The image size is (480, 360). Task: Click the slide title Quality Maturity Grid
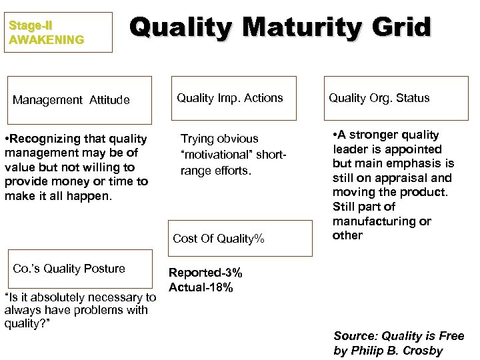tap(281, 28)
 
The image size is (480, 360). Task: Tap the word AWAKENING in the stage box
tap(47, 40)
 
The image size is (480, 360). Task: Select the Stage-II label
tap(31, 26)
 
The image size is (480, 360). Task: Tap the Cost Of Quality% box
tap(239, 239)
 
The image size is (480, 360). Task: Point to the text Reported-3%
tap(205, 273)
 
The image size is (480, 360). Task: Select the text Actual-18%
tap(201, 287)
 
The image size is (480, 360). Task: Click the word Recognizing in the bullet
tap(44, 139)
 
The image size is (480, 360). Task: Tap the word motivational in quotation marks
tap(221, 155)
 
